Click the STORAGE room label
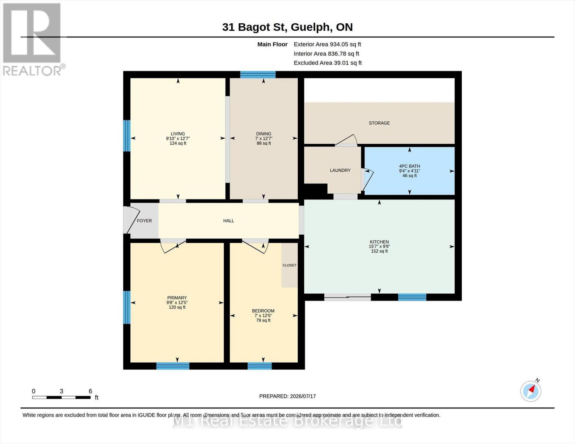point(379,123)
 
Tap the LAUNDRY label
point(340,170)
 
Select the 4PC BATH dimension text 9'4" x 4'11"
point(409,171)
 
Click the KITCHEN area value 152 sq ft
point(379,251)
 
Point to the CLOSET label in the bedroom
point(290,265)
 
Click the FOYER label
point(144,221)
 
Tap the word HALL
point(228,221)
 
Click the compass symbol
point(531,391)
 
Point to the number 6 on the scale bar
point(90,391)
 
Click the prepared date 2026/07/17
point(303,396)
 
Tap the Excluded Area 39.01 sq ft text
point(328,63)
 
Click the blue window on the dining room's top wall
point(258,75)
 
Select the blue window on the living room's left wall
point(127,136)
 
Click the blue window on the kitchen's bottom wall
point(412,297)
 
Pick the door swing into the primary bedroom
point(173,246)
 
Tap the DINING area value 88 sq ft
point(264,143)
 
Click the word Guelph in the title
point(311,27)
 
